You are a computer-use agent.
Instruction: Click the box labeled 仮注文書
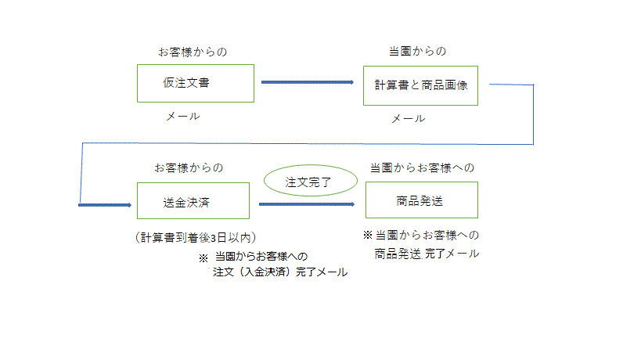coord(195,83)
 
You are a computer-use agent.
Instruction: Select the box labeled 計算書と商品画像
coord(421,85)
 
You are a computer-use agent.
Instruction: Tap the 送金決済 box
coord(193,200)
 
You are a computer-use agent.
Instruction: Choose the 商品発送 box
coord(421,200)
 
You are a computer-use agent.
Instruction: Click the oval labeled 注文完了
coord(310,182)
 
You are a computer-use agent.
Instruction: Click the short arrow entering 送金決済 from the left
coord(106,205)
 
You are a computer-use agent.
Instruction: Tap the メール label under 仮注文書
coord(182,116)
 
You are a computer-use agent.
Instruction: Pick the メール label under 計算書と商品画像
coord(408,119)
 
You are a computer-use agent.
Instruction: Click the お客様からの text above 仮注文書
coord(193,52)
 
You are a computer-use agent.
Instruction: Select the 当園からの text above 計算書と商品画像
coord(417,52)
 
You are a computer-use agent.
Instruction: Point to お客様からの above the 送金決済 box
coord(189,167)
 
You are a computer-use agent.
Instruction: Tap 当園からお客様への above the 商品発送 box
coord(422,167)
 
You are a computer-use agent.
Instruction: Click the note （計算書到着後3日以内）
coord(196,237)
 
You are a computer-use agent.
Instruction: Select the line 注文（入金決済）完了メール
coord(279,272)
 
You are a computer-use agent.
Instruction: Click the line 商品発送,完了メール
coord(426,254)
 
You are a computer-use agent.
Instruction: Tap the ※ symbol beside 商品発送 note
coord(367,235)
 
